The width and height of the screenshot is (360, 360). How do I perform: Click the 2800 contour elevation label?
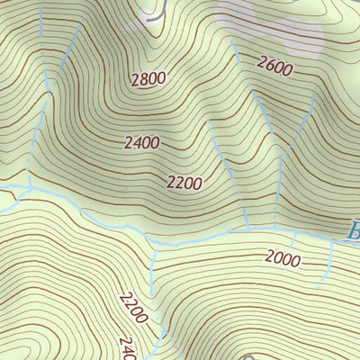point(148,78)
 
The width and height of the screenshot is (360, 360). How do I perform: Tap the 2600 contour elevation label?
point(274,64)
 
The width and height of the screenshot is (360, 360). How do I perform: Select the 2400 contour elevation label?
point(141,142)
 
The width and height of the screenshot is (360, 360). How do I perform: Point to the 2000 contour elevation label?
point(283,258)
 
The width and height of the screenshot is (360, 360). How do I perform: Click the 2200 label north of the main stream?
point(184,183)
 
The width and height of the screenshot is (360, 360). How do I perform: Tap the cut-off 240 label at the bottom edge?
point(126,348)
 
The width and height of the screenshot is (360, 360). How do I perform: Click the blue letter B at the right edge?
point(353,230)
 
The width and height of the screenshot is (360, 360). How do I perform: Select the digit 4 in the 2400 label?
point(136,142)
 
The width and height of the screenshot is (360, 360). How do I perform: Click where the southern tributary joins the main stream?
point(151,245)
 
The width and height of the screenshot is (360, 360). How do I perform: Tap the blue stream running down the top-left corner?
point(40,36)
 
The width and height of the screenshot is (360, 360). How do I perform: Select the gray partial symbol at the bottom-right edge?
point(353,353)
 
